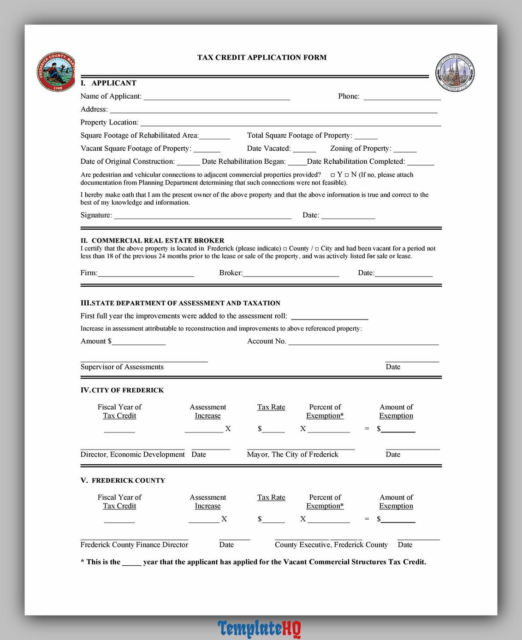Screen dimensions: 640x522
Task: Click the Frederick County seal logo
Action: click(x=56, y=72)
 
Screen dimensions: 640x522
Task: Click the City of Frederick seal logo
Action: click(x=455, y=73)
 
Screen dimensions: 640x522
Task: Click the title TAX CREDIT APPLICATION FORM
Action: click(x=262, y=58)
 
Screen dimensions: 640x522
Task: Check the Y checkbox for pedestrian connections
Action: click(x=332, y=175)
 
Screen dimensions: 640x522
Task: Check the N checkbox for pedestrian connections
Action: click(x=347, y=175)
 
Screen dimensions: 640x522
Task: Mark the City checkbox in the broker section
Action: click(x=317, y=249)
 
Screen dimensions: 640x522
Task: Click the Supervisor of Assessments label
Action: click(x=122, y=367)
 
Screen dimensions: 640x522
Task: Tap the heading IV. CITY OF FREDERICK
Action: click(x=122, y=390)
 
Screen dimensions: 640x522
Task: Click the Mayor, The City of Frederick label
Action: click(x=292, y=455)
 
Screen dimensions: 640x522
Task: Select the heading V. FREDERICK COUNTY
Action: click(x=123, y=480)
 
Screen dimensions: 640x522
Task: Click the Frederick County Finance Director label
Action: click(x=134, y=545)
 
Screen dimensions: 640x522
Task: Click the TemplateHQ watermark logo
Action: click(x=259, y=628)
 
